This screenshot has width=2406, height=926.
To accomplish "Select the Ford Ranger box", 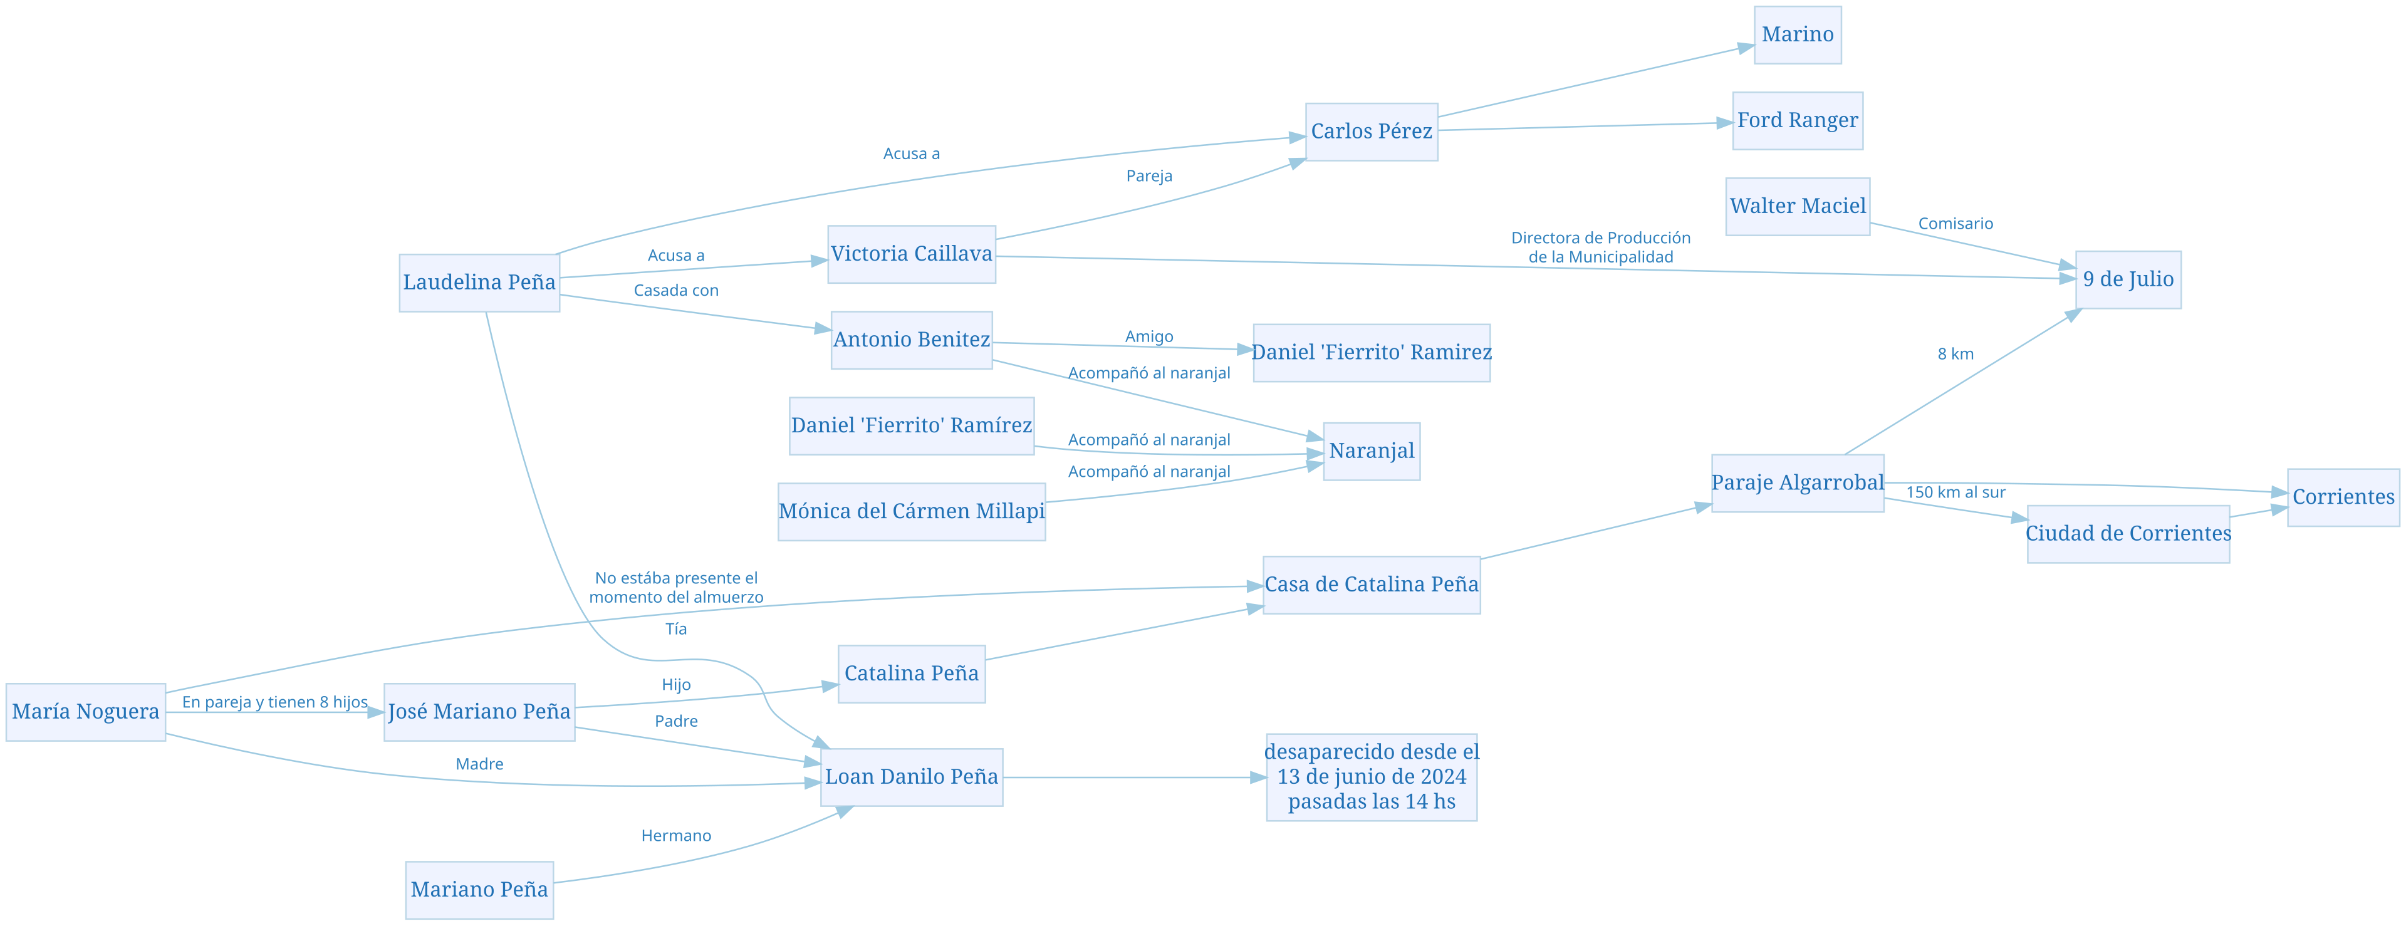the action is [x=1797, y=120].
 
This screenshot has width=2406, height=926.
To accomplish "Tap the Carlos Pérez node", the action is [x=1371, y=132].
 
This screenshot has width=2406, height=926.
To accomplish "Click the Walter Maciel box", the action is [x=1797, y=207].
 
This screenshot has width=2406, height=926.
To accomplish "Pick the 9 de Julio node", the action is [x=2128, y=279].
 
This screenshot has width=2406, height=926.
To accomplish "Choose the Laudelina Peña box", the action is [x=479, y=282].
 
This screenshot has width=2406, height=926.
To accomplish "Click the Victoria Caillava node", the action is [x=912, y=254].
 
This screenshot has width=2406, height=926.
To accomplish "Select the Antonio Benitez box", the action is [x=912, y=340].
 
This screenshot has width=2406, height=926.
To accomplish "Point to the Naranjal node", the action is [x=1371, y=451].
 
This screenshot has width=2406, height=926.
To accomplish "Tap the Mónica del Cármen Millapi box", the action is [x=912, y=512].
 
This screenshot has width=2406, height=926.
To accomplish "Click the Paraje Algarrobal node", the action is [x=1797, y=483].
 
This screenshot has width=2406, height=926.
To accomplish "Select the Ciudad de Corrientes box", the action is [x=2128, y=534].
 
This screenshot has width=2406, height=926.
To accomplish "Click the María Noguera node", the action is [x=86, y=712].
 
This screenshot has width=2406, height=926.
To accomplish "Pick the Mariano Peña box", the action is [x=479, y=890].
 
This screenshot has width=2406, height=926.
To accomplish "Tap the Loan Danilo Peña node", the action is [x=912, y=778].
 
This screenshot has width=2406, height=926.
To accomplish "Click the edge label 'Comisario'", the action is [x=1955, y=223].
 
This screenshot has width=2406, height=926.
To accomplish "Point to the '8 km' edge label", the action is [x=1955, y=354].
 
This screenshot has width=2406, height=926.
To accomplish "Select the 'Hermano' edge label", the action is [x=675, y=835].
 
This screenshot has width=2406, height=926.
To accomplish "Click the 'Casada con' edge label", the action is [x=675, y=291].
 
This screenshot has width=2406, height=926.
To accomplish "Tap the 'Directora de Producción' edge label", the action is [x=1600, y=238].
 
